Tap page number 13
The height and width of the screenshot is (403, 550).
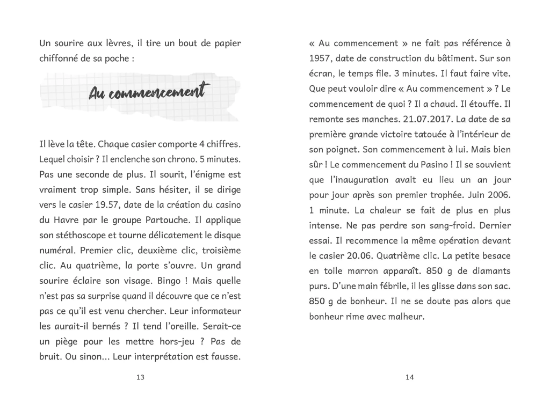coord(140,377)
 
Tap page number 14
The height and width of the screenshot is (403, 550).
coord(410,377)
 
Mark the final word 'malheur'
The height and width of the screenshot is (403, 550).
coord(404,317)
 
